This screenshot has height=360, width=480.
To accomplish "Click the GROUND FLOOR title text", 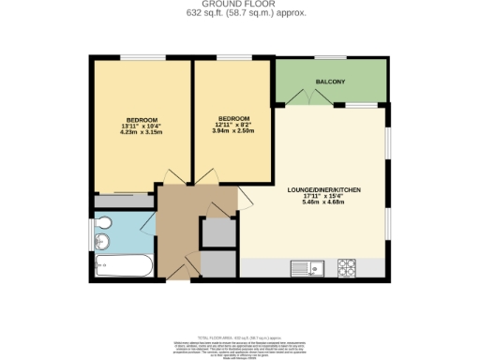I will [x=239, y=5].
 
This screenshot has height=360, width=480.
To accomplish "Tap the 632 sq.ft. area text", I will [x=239, y=13].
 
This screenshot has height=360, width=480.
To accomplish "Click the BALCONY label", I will [x=330, y=82].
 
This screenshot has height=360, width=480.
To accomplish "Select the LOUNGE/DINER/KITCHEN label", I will [x=323, y=189].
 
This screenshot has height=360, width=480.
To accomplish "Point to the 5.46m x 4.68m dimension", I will [x=323, y=202].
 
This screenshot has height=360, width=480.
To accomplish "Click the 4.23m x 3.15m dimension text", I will [x=142, y=132].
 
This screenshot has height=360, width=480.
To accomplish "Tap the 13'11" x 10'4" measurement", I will [x=142, y=126].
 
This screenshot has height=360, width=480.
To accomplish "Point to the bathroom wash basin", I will [x=104, y=243].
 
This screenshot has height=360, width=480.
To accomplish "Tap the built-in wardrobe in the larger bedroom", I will [x=123, y=201].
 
